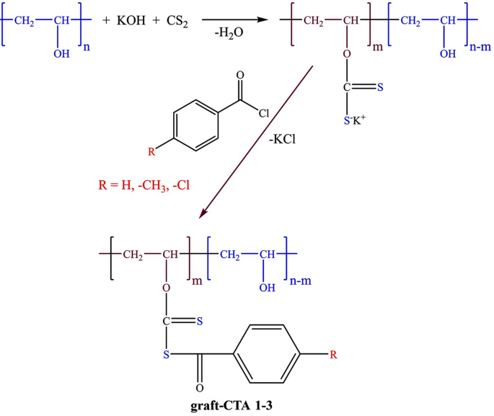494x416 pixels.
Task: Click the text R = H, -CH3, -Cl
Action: point(144,184)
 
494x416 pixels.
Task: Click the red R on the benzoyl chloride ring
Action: point(151,151)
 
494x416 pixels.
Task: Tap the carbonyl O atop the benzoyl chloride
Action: point(239,74)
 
